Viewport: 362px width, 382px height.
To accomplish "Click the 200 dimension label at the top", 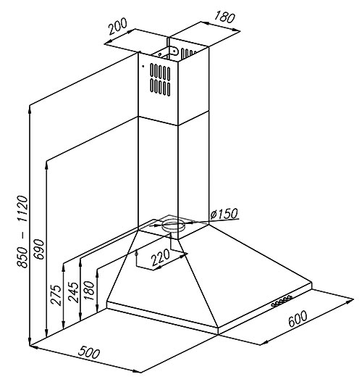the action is tap(118, 26).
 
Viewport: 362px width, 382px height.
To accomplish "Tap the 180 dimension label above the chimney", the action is tap(224, 17).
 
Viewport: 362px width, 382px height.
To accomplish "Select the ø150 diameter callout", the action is tap(224, 214).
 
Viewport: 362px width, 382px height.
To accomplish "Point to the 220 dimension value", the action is tap(160, 257).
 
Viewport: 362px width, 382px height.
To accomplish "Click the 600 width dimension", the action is tap(298, 319).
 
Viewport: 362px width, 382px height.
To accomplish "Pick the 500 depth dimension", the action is tap(89, 353).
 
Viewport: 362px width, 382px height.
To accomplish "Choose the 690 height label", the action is tap(39, 249).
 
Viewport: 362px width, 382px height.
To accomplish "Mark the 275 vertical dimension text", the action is tap(56, 295).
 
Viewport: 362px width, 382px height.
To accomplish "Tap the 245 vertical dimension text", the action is tap(73, 292).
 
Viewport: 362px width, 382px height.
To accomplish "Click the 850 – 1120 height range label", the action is tap(22, 231).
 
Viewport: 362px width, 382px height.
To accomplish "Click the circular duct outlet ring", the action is tap(174, 225).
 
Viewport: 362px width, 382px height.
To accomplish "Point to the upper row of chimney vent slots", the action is tap(160, 72).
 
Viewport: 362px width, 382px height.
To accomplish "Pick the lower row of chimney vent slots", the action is tap(160, 87).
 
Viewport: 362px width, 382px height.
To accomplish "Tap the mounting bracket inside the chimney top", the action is tap(174, 51).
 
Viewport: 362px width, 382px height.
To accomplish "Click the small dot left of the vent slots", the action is tap(143, 66).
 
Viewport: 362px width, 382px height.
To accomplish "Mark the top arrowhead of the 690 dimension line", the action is tap(46, 165).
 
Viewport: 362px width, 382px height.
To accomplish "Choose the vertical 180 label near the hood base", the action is tap(89, 291).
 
